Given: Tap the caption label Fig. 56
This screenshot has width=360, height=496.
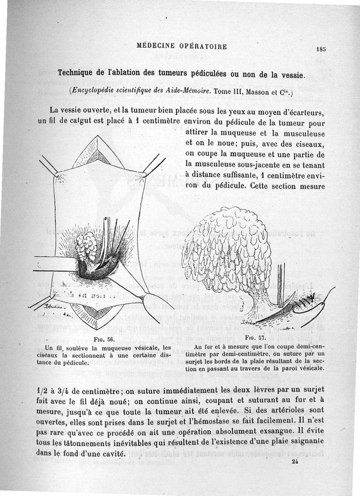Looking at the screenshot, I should click(x=107, y=339).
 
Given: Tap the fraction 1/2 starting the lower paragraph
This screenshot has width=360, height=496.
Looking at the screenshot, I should click(x=41, y=388).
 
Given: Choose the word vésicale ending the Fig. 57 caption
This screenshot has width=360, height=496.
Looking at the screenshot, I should click(x=310, y=369).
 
